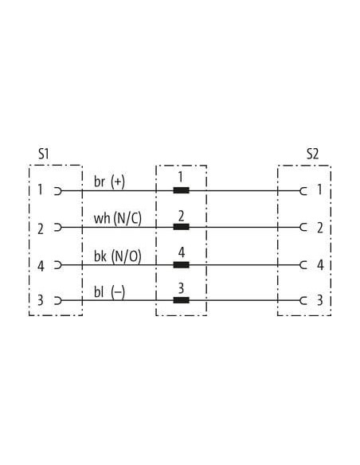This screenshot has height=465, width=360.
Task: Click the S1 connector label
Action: tap(44, 154)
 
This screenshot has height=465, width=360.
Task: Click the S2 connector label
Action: tap(312, 154)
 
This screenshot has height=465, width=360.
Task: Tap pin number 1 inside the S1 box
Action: tap(40, 190)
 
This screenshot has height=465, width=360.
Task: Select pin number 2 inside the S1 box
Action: tap(41, 229)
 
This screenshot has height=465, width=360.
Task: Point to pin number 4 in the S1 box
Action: tap(41, 266)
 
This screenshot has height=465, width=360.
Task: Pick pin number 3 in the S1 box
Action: tap(41, 300)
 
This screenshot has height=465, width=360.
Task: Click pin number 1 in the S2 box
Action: tap(319, 190)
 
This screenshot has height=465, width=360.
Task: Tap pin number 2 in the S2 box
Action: tap(320, 228)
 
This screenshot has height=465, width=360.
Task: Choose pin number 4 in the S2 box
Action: tap(320, 265)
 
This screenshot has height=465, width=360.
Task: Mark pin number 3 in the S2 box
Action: tap(320, 300)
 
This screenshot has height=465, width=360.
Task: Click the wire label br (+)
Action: tap(109, 182)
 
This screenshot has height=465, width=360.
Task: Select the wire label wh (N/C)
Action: tap(118, 218)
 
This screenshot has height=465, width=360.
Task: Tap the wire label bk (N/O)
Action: tap(118, 256)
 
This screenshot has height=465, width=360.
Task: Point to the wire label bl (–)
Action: tap(109, 292)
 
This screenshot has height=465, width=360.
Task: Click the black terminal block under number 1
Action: tap(181, 190)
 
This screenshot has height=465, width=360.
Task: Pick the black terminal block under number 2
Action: tap(181, 227)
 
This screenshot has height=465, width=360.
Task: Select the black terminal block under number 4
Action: tap(181, 264)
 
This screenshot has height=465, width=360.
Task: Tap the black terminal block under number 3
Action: tap(181, 300)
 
